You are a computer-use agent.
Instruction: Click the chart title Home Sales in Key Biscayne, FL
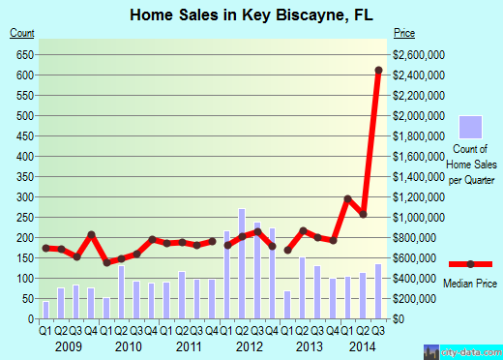pos(251,14)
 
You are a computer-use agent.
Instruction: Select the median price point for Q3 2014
pos(378,71)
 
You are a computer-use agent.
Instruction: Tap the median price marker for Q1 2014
pos(347,198)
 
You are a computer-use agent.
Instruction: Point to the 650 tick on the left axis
pos(26,54)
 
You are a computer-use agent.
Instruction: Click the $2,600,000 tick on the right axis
pos(421,54)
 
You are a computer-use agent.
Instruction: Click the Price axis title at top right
pos(404,34)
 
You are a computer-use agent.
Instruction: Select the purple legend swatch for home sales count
pos(470,127)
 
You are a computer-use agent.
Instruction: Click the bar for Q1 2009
pos(45,310)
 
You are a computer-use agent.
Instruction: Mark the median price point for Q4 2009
pos(91,235)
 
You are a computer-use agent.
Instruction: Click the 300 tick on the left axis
pos(26,196)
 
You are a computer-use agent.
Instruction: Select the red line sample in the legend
pos(470,263)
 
